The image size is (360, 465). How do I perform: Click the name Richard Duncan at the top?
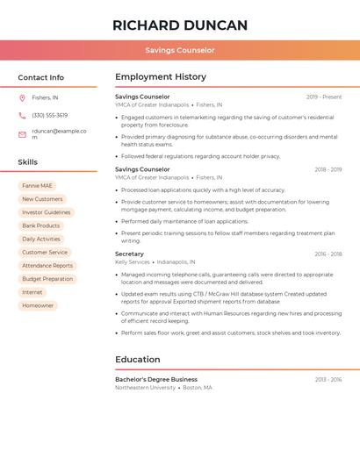[180, 25]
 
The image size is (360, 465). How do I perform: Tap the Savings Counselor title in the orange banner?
[180, 50]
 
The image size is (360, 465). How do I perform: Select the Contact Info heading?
[41, 77]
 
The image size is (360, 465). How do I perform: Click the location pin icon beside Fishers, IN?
[22, 97]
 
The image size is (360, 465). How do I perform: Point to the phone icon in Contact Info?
[22, 115]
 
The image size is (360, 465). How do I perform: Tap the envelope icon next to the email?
[22, 134]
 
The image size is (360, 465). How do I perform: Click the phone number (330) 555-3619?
[49, 115]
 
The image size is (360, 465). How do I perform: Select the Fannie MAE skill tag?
[38, 186]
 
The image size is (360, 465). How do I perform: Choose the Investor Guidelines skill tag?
[47, 212]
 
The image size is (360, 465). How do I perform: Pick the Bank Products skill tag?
[41, 225]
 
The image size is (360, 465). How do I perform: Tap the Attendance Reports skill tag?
[47, 265]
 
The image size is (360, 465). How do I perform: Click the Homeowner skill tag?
[38, 305]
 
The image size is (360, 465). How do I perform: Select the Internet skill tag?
[32, 292]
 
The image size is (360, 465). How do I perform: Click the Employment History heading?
[161, 77]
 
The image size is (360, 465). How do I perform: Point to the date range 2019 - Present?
[324, 97]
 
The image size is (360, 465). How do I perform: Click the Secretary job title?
[129, 254]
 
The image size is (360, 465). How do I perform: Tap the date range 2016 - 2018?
[328, 254]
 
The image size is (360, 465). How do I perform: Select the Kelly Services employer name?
[133, 261]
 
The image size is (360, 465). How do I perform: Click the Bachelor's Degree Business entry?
[156, 379]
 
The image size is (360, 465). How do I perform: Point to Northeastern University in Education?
[146, 387]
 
